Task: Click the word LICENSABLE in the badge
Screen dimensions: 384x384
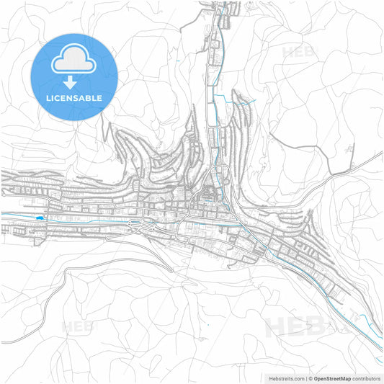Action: click(x=74, y=98)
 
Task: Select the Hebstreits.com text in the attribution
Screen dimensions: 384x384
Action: click(x=284, y=378)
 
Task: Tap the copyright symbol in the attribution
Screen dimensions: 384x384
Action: click(x=310, y=378)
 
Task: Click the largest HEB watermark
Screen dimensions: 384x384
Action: click(x=295, y=328)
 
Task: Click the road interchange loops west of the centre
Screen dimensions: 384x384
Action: click(x=134, y=228)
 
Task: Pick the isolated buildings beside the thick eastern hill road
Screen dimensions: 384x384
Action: click(x=350, y=149)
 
